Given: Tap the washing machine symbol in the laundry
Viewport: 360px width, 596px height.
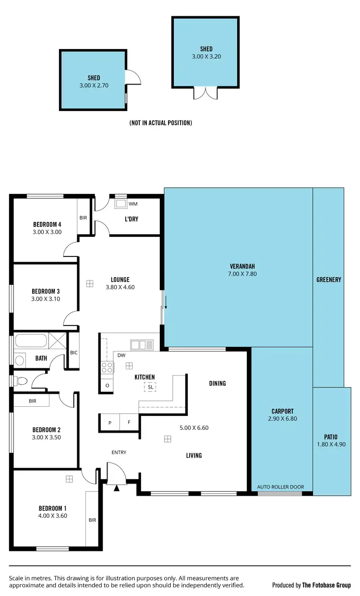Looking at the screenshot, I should pyautogui.click(x=120, y=204).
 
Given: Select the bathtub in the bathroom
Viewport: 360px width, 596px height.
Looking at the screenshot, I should pyautogui.click(x=30, y=341).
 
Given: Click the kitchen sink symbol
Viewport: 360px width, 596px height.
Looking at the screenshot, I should pyautogui.click(x=142, y=344).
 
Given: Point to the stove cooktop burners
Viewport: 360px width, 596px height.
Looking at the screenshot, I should pyautogui.click(x=107, y=367).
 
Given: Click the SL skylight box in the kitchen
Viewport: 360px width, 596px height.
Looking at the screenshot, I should pyautogui.click(x=150, y=387).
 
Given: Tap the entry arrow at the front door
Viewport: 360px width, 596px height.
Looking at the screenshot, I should pyautogui.click(x=116, y=488).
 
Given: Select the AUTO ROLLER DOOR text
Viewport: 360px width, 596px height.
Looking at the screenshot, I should pyautogui.click(x=280, y=487).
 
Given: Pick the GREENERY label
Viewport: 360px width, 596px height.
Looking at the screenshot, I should pyautogui.click(x=328, y=280).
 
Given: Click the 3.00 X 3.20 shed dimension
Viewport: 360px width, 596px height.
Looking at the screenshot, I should pyautogui.click(x=206, y=56).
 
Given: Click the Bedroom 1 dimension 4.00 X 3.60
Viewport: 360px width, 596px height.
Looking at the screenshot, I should pyautogui.click(x=53, y=516).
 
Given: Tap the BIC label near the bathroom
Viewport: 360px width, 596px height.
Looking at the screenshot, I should pyautogui.click(x=73, y=353).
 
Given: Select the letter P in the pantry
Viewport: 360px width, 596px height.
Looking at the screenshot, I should pyautogui.click(x=109, y=423).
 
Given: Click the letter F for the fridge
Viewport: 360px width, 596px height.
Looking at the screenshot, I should pyautogui.click(x=129, y=423).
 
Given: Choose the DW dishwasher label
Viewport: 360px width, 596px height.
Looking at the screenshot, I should pyautogui.click(x=121, y=356).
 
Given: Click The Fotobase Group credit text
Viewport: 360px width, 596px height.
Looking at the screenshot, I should pyautogui.click(x=326, y=585).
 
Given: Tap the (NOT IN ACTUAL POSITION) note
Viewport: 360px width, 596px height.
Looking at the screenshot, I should pyautogui.click(x=161, y=123).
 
